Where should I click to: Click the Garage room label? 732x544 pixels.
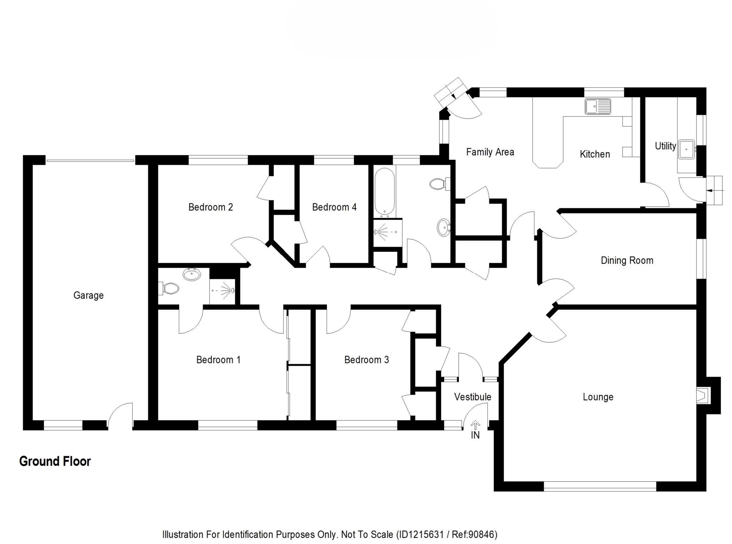tap(88, 295)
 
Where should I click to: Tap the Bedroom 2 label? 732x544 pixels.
tap(211, 207)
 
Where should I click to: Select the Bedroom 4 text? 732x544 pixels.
tap(334, 207)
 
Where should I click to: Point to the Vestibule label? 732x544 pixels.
tap(473, 397)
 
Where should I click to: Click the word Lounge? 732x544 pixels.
tap(598, 397)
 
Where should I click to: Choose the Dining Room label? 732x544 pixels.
tap(627, 261)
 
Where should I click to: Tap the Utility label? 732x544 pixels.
tap(665, 146)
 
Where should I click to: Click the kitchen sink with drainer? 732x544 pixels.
tap(598, 106)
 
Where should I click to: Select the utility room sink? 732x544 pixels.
tap(686, 149)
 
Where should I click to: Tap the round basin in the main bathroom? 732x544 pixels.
tap(444, 227)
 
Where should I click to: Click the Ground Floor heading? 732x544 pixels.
tap(55, 461)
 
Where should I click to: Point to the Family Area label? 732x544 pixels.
tap(490, 152)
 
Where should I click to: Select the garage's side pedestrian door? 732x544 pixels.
tap(120, 415)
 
